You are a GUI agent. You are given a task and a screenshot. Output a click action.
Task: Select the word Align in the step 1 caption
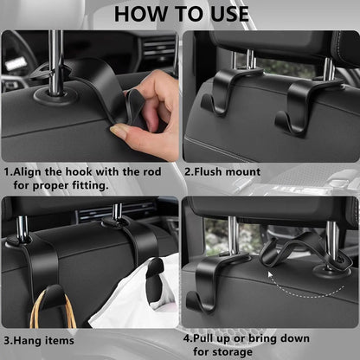click(x=31, y=171)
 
